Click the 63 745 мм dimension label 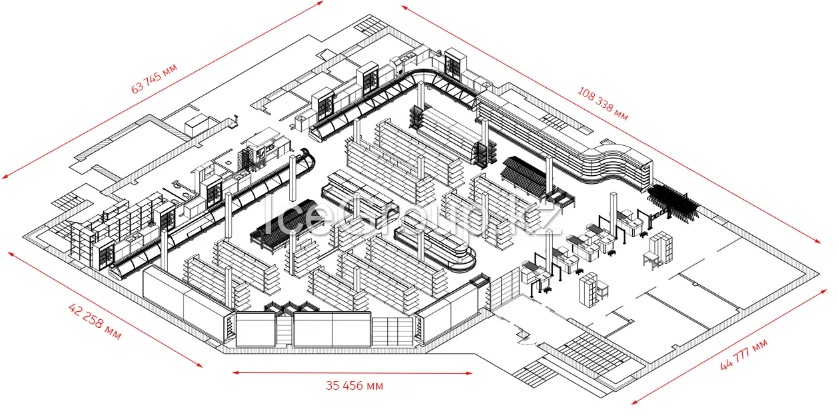(154, 79)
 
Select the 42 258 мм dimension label (95, 321)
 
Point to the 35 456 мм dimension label (354, 386)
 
